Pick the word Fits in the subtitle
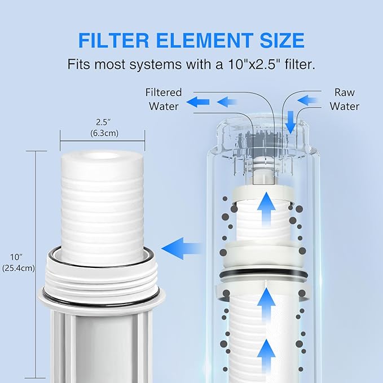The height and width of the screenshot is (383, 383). click(x=80, y=64)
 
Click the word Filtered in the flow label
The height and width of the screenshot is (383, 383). click(x=164, y=93)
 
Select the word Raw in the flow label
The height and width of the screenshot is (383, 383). click(x=344, y=93)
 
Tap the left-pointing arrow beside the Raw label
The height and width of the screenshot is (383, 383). click(x=308, y=100)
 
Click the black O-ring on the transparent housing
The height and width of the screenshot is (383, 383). click(x=263, y=274)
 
